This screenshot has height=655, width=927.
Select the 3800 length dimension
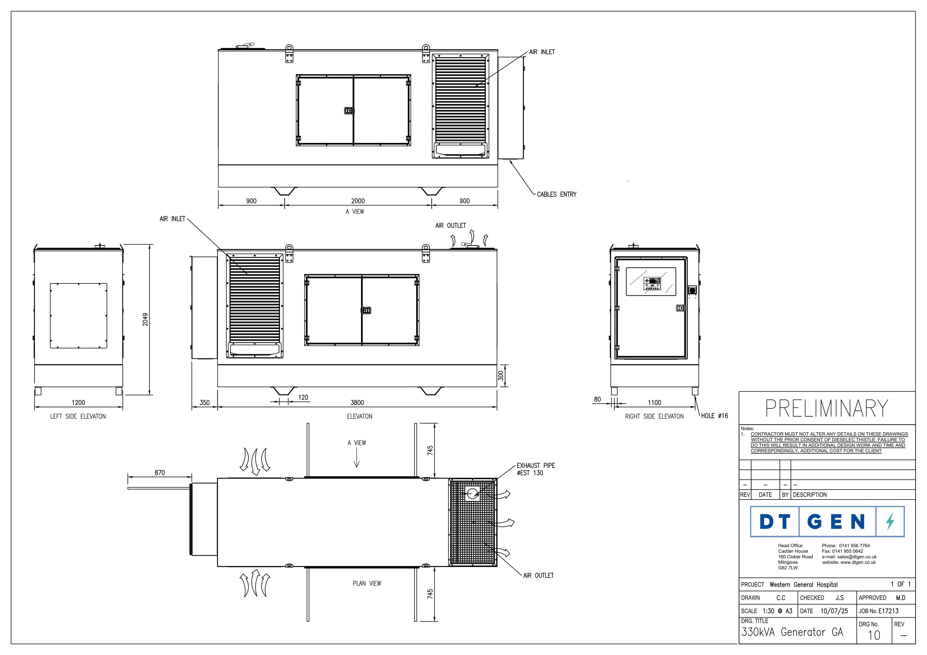(357, 402)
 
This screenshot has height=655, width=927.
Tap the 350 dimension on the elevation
(205, 402)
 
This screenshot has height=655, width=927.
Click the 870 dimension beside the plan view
(160, 472)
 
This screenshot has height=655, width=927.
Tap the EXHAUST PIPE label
(536, 465)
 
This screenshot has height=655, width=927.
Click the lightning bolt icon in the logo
(890, 521)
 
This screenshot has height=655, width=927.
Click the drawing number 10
(874, 636)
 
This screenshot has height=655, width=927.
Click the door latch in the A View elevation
(349, 111)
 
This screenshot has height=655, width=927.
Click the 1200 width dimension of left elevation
(78, 402)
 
